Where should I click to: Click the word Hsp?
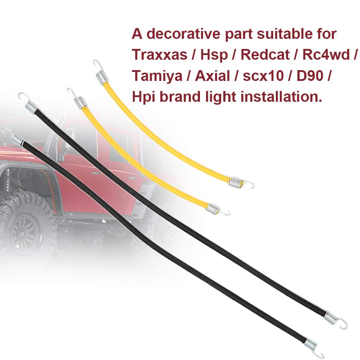click(214, 55)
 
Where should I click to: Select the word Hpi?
click(142, 96)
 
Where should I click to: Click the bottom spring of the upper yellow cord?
click(236, 182)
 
